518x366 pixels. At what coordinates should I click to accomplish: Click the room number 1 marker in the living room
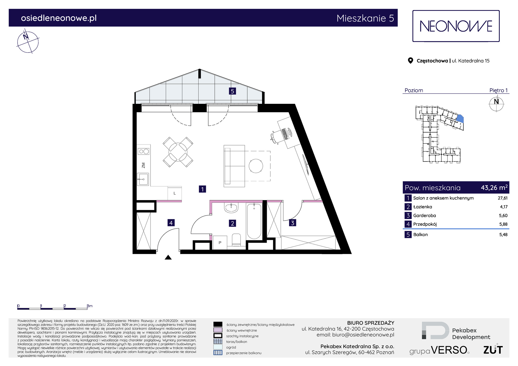click(202, 189)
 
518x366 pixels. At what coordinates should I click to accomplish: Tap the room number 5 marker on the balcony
click(232, 91)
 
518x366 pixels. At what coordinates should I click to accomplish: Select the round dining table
click(178, 152)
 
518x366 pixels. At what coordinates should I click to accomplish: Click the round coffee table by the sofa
click(256, 166)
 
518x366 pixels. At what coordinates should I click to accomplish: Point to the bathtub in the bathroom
click(254, 221)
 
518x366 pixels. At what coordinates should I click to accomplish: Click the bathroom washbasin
click(231, 208)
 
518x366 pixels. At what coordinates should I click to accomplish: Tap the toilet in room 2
click(236, 240)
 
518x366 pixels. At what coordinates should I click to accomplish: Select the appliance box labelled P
click(220, 243)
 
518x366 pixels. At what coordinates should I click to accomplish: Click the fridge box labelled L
click(175, 193)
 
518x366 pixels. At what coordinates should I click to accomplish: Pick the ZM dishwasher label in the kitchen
click(143, 165)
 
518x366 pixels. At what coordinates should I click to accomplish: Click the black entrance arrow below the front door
click(168, 257)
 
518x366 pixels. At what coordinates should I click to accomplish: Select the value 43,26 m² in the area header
click(494, 187)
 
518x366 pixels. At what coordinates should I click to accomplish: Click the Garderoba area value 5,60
click(503, 216)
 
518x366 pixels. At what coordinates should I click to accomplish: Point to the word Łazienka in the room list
click(422, 207)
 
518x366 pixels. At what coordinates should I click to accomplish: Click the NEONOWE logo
click(456, 26)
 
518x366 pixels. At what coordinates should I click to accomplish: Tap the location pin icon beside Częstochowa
click(410, 61)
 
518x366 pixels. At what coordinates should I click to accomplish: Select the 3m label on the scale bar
click(90, 306)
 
